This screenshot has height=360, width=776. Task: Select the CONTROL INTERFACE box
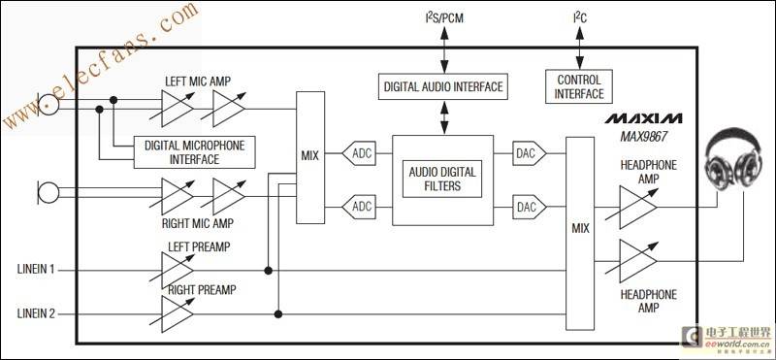[x=579, y=86]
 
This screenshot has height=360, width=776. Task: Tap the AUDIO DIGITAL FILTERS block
[x=441, y=180]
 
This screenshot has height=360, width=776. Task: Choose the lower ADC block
[x=361, y=206]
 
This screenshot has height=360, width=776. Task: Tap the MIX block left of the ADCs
[x=310, y=158]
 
